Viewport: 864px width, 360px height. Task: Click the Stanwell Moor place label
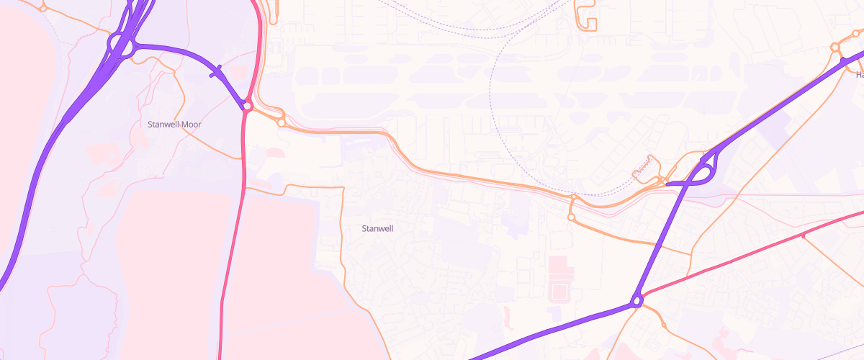pos(174,124)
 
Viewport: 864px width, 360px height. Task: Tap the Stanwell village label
pos(377,228)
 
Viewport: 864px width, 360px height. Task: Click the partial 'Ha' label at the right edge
pos(860,74)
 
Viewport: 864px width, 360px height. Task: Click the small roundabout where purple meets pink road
pos(247,106)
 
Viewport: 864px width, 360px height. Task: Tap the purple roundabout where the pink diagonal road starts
pos(637,301)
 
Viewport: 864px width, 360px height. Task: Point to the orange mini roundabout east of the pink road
pos(282,122)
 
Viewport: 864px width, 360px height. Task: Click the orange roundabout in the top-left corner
pos(43,7)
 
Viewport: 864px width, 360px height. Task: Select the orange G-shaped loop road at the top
pos(587,18)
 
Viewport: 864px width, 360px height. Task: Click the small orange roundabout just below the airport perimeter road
pos(571,216)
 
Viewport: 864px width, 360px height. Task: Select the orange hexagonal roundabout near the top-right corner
pos(835,48)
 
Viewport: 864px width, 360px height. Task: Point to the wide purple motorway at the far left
pos(36,187)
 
